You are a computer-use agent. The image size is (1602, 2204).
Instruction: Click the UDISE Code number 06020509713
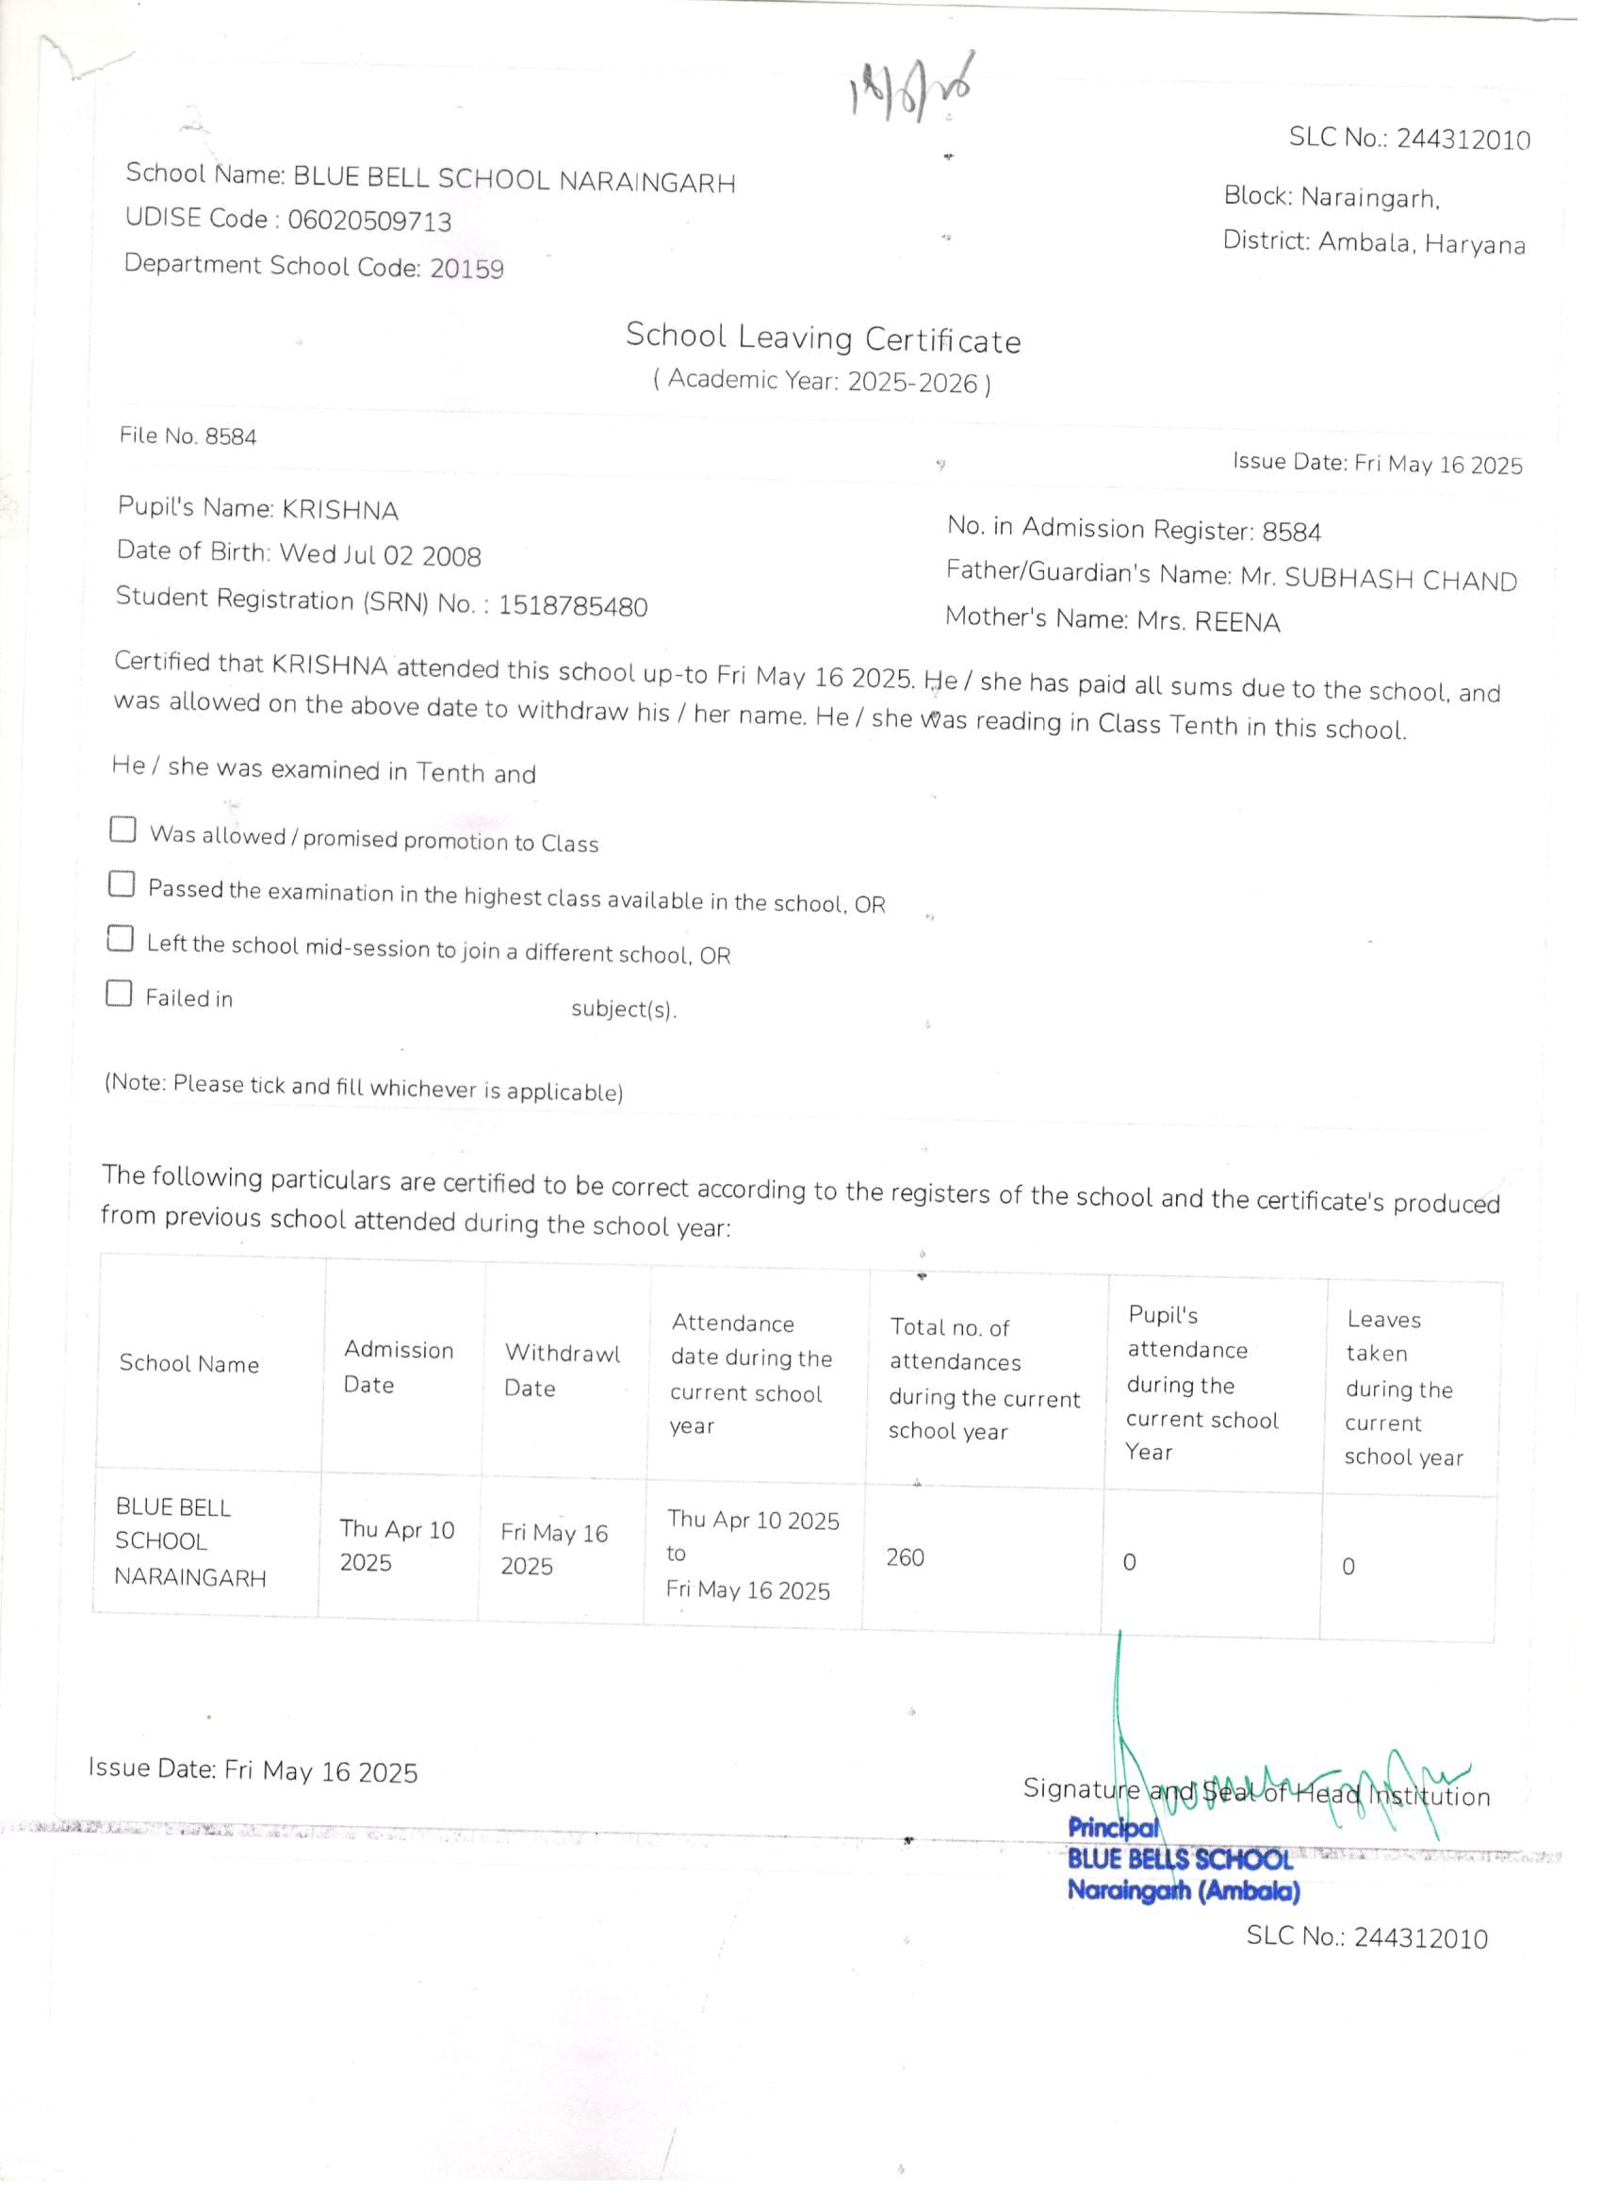pyautogui.click(x=369, y=222)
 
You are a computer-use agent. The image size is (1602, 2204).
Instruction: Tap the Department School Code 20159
pyautogui.click(x=466, y=269)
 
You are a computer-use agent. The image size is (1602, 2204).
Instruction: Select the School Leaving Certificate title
pyautogui.click(x=822, y=337)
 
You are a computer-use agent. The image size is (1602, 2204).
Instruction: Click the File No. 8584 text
pyautogui.click(x=188, y=436)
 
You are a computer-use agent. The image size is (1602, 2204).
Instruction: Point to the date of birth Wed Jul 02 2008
pyautogui.click(x=380, y=555)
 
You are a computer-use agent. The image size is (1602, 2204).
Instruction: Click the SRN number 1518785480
pyautogui.click(x=572, y=606)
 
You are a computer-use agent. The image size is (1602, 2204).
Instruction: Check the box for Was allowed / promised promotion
pyautogui.click(x=123, y=829)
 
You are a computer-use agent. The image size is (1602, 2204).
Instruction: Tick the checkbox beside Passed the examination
pyautogui.click(x=122, y=883)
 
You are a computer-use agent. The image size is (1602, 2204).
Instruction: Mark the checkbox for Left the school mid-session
pyautogui.click(x=121, y=938)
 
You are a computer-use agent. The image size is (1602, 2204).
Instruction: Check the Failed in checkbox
pyautogui.click(x=119, y=993)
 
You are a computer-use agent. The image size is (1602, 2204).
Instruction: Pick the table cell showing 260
pyautogui.click(x=905, y=1556)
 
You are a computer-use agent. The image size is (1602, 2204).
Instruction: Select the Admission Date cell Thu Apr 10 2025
pyautogui.click(x=397, y=1545)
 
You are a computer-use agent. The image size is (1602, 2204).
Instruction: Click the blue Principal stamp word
pyautogui.click(x=1113, y=1828)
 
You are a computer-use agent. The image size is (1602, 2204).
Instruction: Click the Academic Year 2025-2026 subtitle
pyautogui.click(x=822, y=381)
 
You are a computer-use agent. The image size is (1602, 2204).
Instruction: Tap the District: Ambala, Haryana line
pyautogui.click(x=1373, y=242)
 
